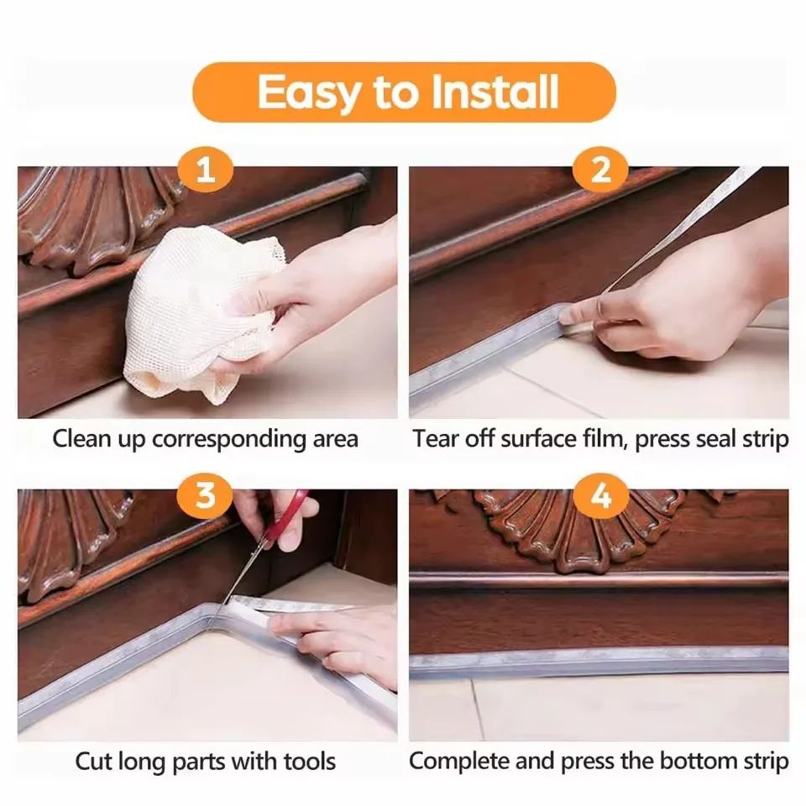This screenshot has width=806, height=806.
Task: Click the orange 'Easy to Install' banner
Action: [x=404, y=92]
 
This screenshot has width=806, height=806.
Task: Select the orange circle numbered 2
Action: [x=601, y=170]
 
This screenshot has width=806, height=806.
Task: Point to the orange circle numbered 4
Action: [x=601, y=495]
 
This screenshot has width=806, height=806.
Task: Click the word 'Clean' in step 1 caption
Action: [x=81, y=439]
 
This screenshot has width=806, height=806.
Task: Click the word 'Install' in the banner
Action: [x=494, y=92]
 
